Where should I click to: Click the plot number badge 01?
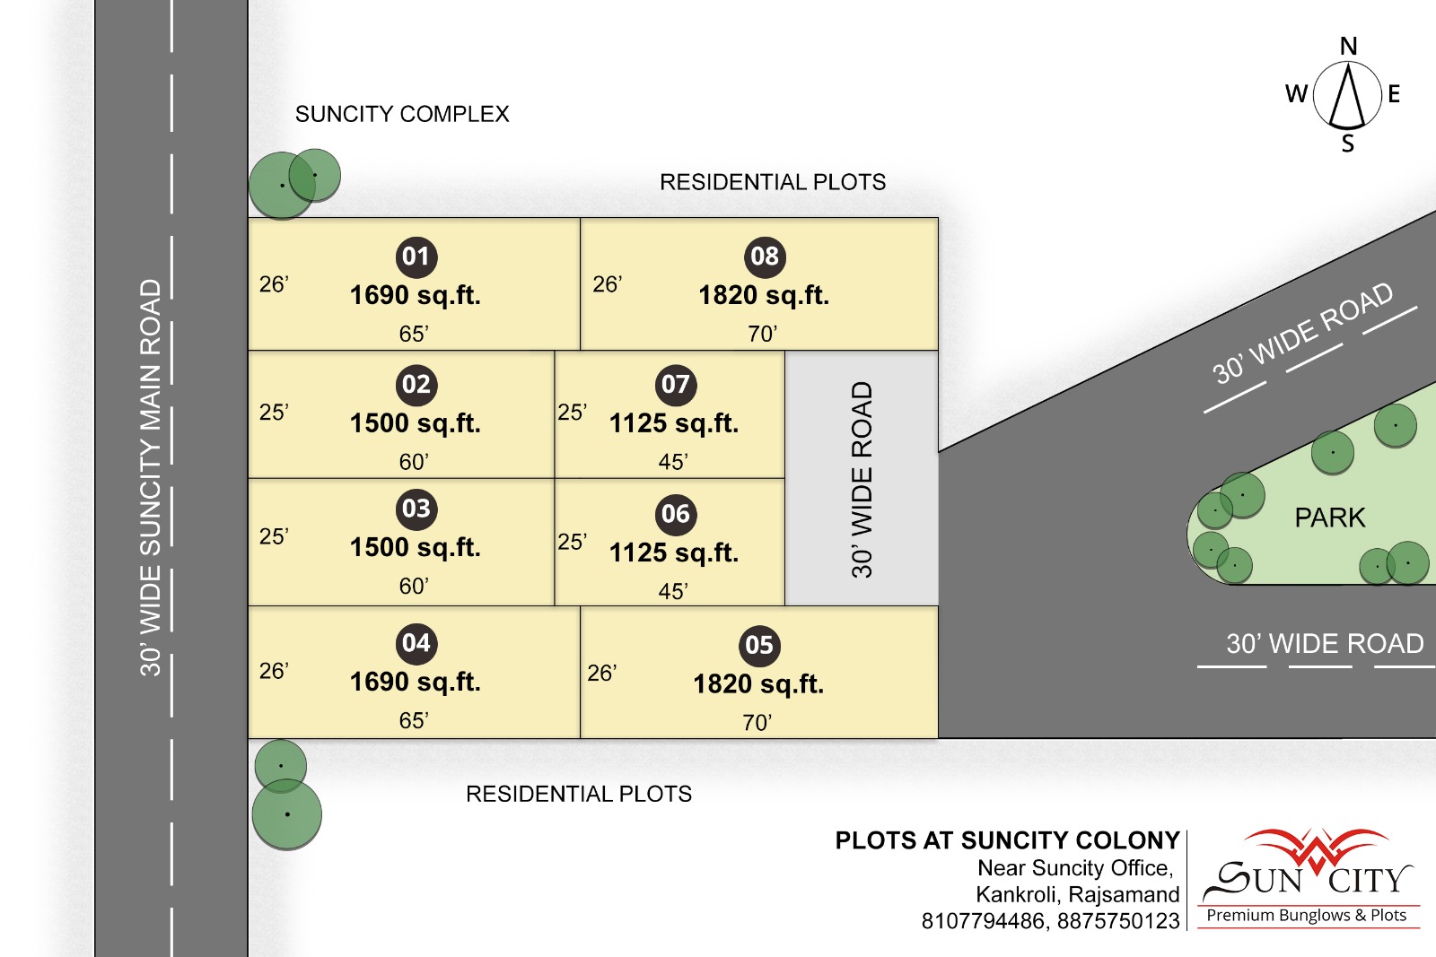click(416, 257)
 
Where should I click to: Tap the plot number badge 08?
click(764, 257)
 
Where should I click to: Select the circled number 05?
click(759, 645)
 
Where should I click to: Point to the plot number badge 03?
click(416, 509)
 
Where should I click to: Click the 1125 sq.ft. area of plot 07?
click(674, 423)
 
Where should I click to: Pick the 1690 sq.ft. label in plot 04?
click(416, 683)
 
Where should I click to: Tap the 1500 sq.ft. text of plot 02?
click(416, 423)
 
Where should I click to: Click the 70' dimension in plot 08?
click(762, 334)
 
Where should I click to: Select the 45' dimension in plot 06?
click(673, 590)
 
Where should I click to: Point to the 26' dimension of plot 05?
click(602, 673)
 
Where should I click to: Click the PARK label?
click(1329, 518)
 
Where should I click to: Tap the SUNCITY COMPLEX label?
click(402, 114)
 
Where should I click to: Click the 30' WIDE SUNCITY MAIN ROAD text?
click(151, 478)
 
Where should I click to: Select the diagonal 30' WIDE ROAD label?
click(1302, 333)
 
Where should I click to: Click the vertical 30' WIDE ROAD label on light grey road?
click(862, 480)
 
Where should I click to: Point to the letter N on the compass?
click(1348, 46)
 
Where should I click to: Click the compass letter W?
click(1296, 94)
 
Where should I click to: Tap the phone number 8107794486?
click(983, 921)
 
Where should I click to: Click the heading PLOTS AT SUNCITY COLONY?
click(1007, 840)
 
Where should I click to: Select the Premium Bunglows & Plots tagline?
click(1307, 916)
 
